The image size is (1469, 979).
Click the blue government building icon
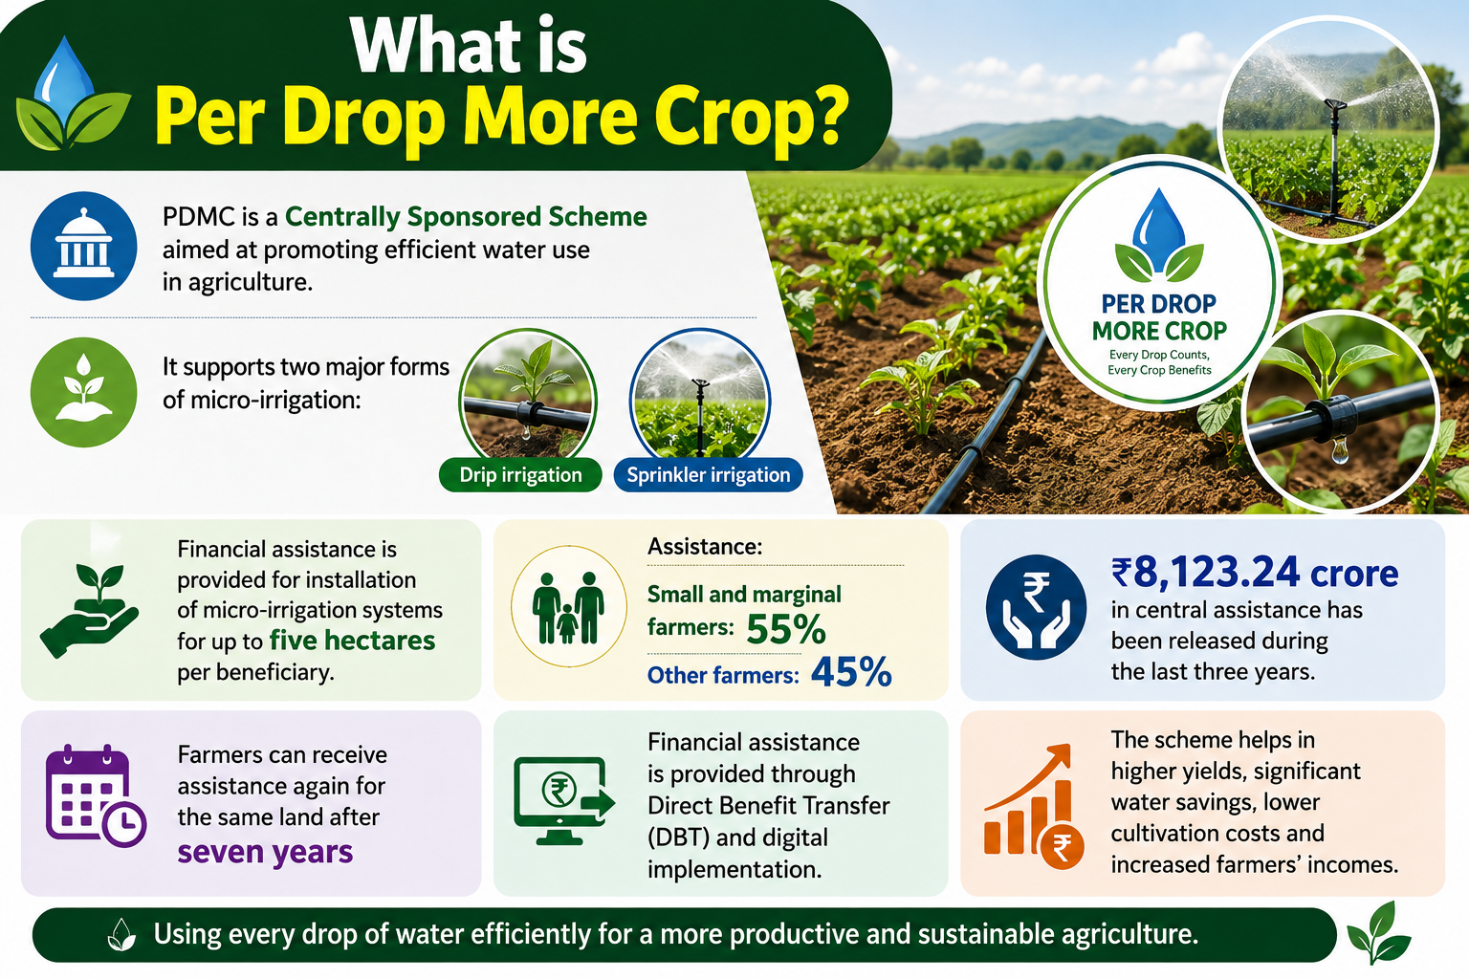(83, 246)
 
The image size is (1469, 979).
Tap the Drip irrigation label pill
(520, 475)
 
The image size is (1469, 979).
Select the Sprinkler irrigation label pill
(709, 475)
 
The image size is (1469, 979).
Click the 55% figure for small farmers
(785, 629)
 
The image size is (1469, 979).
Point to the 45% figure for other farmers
(851, 672)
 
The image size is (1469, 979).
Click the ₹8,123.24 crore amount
(1255, 573)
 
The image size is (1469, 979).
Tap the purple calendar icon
(96, 795)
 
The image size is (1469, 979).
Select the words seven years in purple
(265, 852)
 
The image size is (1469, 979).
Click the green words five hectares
(352, 640)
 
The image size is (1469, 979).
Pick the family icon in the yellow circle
(569, 606)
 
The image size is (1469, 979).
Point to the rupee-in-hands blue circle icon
(1036, 607)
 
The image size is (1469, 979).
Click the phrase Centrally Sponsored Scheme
(466, 216)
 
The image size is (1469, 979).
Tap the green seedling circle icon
(83, 391)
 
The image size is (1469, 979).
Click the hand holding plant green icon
(90, 610)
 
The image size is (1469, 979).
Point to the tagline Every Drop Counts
(1159, 355)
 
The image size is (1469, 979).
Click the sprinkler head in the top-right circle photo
(1335, 105)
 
